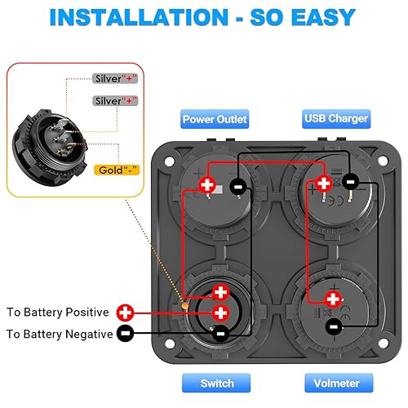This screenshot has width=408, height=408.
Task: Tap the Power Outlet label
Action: pyautogui.click(x=215, y=118)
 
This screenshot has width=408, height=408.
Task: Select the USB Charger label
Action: pyautogui.click(x=336, y=118)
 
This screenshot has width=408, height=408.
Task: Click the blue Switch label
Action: pyautogui.click(x=217, y=383)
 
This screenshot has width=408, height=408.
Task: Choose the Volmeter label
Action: pyautogui.click(x=336, y=383)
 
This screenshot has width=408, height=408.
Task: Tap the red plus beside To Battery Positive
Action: pyautogui.click(x=125, y=313)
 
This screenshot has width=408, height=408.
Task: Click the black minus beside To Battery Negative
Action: pyautogui.click(x=125, y=334)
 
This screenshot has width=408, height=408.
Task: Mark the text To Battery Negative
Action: pyautogui.click(x=59, y=334)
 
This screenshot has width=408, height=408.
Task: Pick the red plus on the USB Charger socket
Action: pyautogui.click(x=323, y=184)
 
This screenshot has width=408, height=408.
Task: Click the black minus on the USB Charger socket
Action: pyautogui.click(x=348, y=181)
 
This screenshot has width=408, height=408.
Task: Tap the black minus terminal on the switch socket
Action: pyautogui.click(x=220, y=332)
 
